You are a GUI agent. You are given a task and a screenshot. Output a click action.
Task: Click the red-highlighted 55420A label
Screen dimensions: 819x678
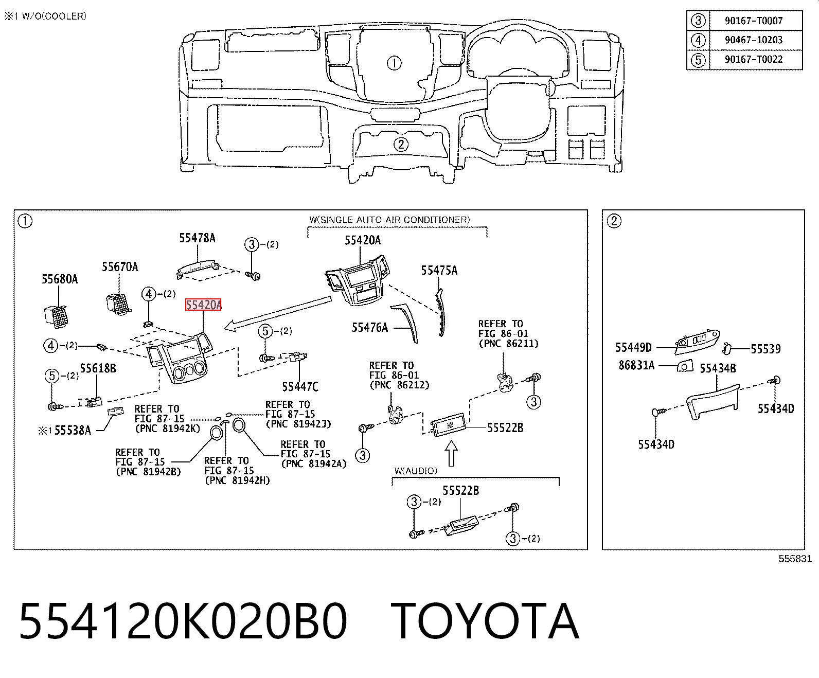click(x=203, y=305)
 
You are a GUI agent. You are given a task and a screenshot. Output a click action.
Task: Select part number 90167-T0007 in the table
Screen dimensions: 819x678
click(x=754, y=21)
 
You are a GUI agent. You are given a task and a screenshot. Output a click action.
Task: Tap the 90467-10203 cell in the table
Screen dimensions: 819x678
click(x=754, y=40)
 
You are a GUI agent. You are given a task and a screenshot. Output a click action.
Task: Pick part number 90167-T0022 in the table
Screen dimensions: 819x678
click(x=754, y=59)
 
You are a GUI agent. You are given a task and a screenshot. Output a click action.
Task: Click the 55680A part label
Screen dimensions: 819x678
click(x=60, y=279)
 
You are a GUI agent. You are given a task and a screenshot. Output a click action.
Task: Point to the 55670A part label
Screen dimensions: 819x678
click(x=120, y=267)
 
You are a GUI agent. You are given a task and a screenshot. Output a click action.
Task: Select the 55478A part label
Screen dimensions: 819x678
click(x=198, y=238)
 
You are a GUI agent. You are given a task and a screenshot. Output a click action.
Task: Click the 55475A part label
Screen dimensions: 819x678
click(x=439, y=271)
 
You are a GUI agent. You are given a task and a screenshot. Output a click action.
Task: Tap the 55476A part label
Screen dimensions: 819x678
click(x=369, y=327)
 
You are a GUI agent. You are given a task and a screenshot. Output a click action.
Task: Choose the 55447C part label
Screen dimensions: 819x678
click(x=300, y=387)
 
